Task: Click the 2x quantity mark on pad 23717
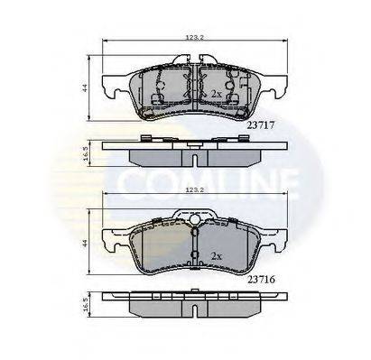click(216, 93)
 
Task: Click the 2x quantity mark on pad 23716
click(216, 255)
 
